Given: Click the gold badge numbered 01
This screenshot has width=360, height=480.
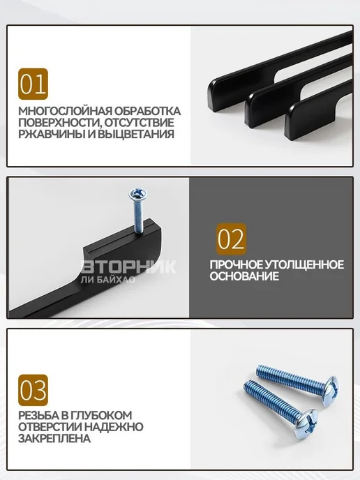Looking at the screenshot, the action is coord(33,84).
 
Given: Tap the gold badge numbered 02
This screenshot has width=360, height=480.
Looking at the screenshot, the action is coord(231,239).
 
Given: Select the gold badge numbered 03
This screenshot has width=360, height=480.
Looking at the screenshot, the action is coord(33,390).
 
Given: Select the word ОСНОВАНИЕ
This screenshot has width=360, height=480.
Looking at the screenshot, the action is coord(244,276).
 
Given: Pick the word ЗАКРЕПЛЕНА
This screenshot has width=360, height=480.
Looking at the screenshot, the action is coord(54,438).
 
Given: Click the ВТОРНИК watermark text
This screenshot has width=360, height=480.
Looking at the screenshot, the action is coord(129,267).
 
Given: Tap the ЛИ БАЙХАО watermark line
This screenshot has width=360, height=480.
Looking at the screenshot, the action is coord(107,279).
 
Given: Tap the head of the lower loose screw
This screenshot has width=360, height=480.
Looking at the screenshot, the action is coord(306,423).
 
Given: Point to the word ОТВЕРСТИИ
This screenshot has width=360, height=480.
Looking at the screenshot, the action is coord(50,427).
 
